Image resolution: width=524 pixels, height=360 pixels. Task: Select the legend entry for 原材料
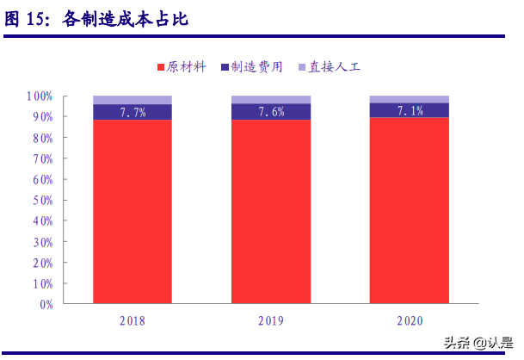181,67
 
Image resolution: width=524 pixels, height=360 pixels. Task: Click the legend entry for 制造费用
252,67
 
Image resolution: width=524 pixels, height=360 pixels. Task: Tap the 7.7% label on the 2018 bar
133,112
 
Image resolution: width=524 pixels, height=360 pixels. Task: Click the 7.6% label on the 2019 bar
271,112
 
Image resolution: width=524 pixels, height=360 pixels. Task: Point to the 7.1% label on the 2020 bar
410,110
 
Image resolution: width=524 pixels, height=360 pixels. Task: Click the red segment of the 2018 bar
133,211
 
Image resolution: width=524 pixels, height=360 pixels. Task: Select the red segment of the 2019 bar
271,211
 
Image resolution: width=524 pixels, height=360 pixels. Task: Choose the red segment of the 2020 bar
410,210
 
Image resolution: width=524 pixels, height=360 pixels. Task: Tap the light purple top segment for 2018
133,100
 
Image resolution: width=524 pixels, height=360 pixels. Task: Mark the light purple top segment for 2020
410,99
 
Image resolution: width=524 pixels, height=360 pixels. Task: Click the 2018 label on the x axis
133,321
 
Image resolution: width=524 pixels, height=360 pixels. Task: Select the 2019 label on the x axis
271,321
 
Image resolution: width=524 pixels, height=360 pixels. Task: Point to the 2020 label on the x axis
410,321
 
